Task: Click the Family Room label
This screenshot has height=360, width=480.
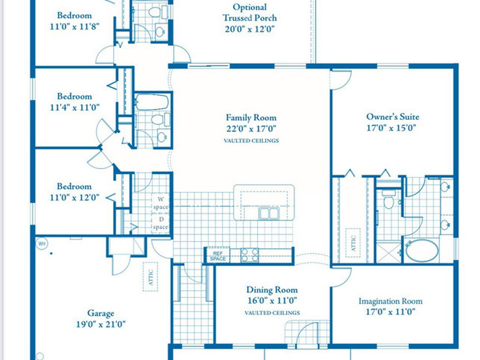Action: pos(251,118)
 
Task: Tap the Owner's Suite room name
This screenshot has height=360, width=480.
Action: pos(392,117)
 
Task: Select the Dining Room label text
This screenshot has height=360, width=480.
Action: pos(272,290)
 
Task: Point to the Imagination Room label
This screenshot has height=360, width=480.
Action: pos(390,301)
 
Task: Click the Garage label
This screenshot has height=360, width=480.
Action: pos(100,313)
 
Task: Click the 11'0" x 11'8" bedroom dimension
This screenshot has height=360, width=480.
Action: pos(75,27)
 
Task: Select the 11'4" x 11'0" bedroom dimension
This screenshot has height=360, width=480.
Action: pos(75,107)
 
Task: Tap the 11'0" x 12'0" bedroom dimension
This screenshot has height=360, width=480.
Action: pos(75,197)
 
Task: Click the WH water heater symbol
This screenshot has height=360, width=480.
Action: pos(42,243)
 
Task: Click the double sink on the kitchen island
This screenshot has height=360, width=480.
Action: pos(269,213)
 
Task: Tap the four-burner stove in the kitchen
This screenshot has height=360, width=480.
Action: pos(249,255)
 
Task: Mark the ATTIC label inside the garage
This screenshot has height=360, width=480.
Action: pos(150,277)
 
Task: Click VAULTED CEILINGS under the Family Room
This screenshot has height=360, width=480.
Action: pos(251,141)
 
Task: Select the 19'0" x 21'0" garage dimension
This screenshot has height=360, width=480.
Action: pos(100,324)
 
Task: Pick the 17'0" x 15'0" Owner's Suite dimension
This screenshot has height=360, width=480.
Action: pos(392,127)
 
